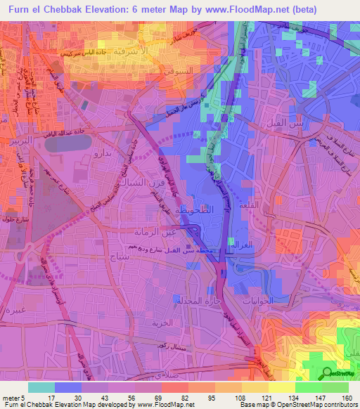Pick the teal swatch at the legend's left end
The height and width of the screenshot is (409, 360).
point(41,387)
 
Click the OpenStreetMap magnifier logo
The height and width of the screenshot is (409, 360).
point(327,373)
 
